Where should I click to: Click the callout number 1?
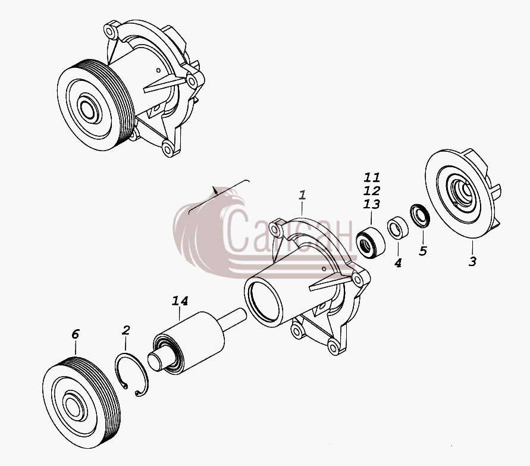pos(303,195)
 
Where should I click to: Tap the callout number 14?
pos(180,301)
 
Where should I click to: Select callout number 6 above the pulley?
pos(75,334)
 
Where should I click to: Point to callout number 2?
pos(126,330)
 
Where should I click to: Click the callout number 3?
pos(472,261)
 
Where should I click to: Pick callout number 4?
pos(398,263)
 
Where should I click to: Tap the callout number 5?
pos(423,251)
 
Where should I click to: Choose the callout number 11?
pos(372,177)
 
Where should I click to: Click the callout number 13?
pos(372,204)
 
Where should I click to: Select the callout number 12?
pos(372,190)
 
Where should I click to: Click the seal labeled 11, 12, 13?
pos(371,243)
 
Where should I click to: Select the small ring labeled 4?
pos(397,227)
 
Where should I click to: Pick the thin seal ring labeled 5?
pos(420,216)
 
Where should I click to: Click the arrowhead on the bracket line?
pos(215,190)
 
